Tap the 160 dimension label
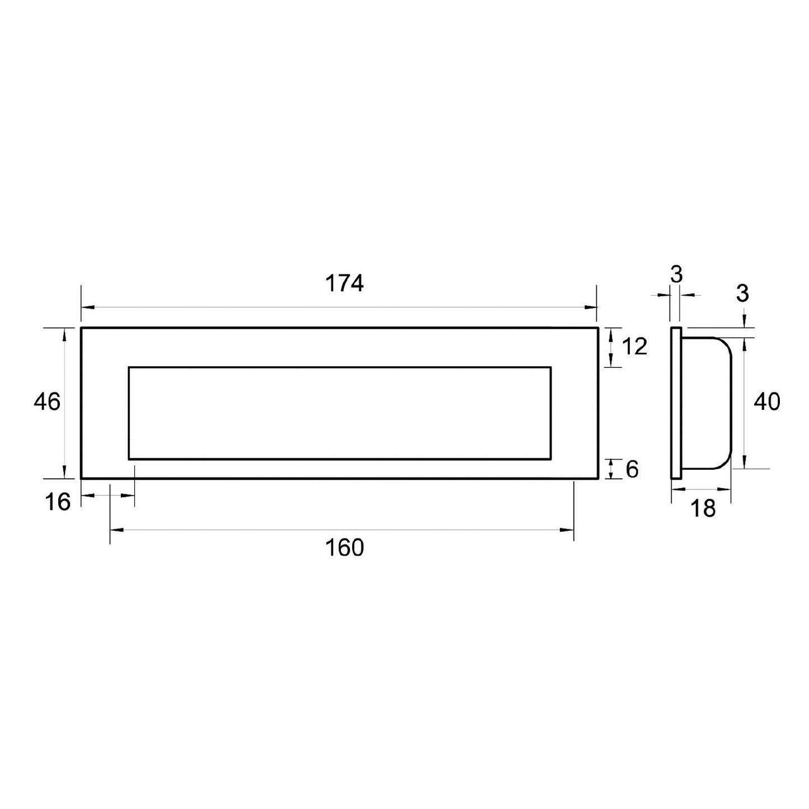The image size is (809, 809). [344, 548]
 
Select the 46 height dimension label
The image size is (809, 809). [47, 402]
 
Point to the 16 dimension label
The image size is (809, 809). [58, 502]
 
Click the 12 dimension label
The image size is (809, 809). [634, 347]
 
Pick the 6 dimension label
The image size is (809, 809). [632, 469]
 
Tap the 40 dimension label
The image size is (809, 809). [766, 402]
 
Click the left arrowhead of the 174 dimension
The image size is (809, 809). [87, 307]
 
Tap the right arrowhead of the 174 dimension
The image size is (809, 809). [591, 307]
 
